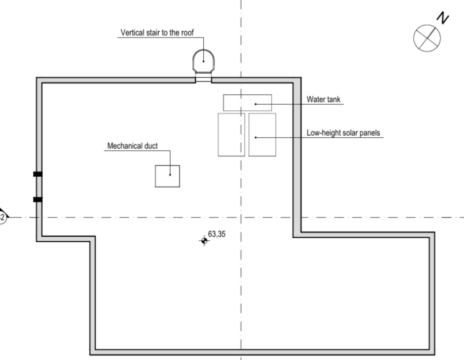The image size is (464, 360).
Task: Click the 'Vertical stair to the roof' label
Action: click(x=157, y=32)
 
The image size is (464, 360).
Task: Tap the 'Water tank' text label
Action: click(x=323, y=99)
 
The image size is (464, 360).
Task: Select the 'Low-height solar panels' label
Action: click(x=343, y=133)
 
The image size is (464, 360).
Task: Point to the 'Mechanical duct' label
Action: click(x=132, y=146)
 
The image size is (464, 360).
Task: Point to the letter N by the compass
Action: click(x=443, y=18)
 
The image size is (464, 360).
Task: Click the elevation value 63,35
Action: click(x=217, y=234)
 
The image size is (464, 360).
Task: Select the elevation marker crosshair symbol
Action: click(x=204, y=241)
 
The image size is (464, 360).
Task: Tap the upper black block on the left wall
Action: click(x=38, y=174)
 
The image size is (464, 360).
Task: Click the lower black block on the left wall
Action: click(x=38, y=200)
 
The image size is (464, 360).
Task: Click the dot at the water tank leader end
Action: click(x=256, y=104)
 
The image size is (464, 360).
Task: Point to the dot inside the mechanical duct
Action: click(x=170, y=175)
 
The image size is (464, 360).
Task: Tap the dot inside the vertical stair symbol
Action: click(x=204, y=61)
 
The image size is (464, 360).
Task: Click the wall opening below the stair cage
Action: click(x=204, y=78)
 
